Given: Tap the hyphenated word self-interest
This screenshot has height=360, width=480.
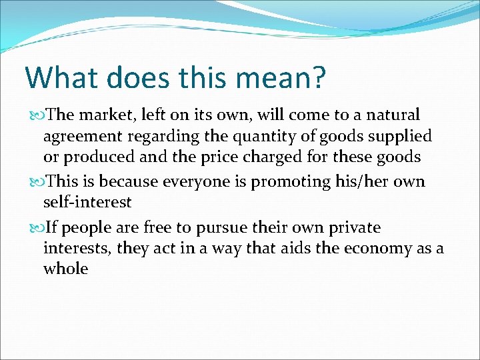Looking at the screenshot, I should pyautogui.click(x=87, y=201).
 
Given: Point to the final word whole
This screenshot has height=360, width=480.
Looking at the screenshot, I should pyautogui.click(x=65, y=269).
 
